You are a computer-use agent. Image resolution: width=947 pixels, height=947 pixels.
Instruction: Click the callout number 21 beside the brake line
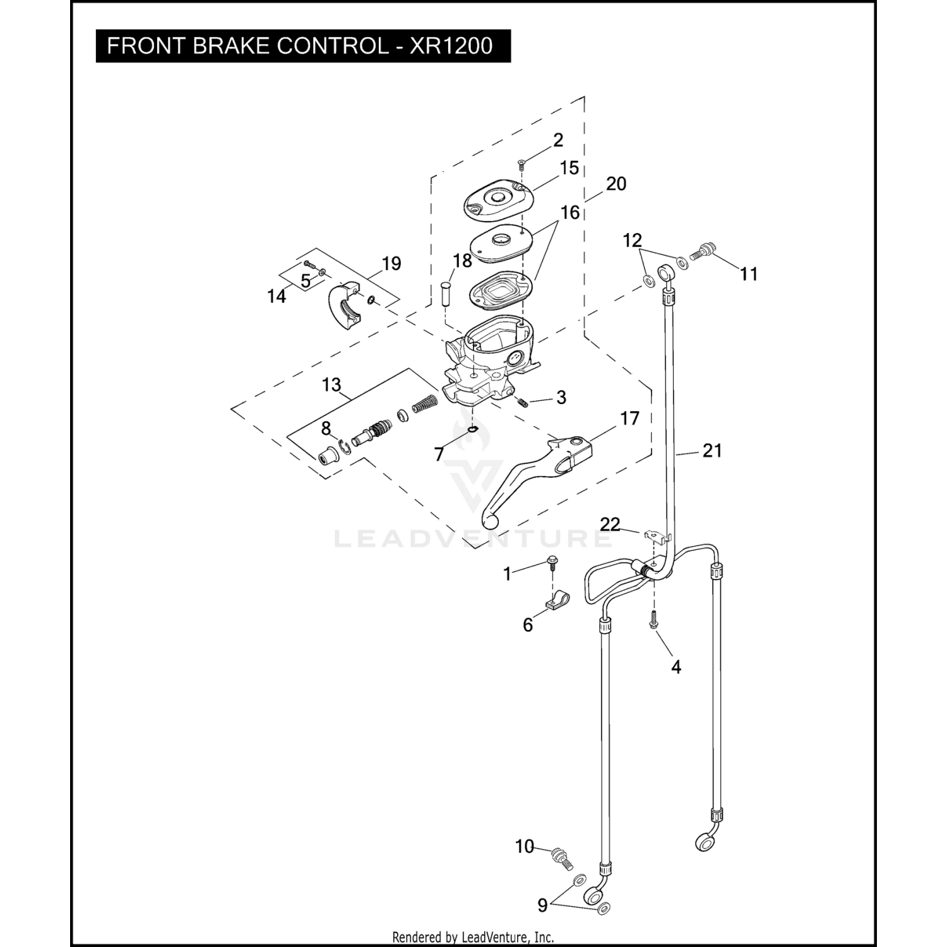[x=712, y=451]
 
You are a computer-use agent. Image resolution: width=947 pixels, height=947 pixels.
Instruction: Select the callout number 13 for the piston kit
[x=331, y=384]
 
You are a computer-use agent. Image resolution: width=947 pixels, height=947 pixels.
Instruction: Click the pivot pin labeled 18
[x=445, y=294]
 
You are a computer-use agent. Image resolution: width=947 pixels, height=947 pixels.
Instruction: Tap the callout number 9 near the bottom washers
[x=542, y=905]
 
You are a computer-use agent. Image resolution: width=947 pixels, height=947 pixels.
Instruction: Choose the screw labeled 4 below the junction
[x=654, y=621]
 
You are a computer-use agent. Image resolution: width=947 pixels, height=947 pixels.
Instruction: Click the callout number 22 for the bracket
[x=610, y=524]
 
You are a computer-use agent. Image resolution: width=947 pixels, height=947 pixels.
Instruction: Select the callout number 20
[x=616, y=184]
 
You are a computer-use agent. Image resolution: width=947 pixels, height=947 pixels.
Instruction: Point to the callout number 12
[x=632, y=241]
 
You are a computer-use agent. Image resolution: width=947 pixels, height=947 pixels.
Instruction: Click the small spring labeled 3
[x=522, y=402]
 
